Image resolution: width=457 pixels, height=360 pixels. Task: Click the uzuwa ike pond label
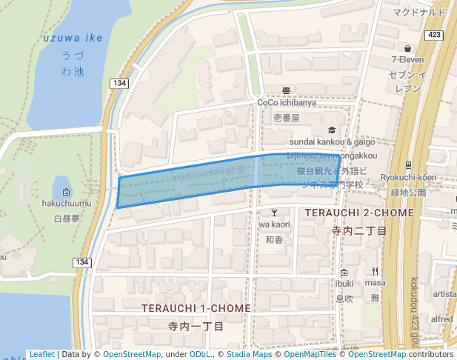coord(73,39)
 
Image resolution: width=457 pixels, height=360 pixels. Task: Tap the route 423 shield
coord(435,35)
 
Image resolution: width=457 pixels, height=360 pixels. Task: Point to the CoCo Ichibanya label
coord(286,103)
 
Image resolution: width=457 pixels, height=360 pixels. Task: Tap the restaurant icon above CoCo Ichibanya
coord(286,90)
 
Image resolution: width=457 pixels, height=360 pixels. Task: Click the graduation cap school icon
coord(331,130)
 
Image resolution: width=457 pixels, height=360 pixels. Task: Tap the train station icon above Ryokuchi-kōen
coord(407,164)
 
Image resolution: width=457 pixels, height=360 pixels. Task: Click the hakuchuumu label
coord(66,204)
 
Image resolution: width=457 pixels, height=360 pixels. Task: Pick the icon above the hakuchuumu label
coord(66,192)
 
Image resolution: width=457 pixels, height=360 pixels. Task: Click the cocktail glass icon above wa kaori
coord(274,212)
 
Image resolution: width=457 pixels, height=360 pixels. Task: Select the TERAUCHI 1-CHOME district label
coord(196,307)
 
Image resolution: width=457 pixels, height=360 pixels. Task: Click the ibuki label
coord(344,284)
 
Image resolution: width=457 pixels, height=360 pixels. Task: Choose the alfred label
coord(442,319)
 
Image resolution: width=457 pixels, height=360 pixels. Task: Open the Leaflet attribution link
coord(42,355)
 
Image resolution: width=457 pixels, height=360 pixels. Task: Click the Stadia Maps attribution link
coord(249,355)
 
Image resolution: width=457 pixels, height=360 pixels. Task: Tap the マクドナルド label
coord(420,12)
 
